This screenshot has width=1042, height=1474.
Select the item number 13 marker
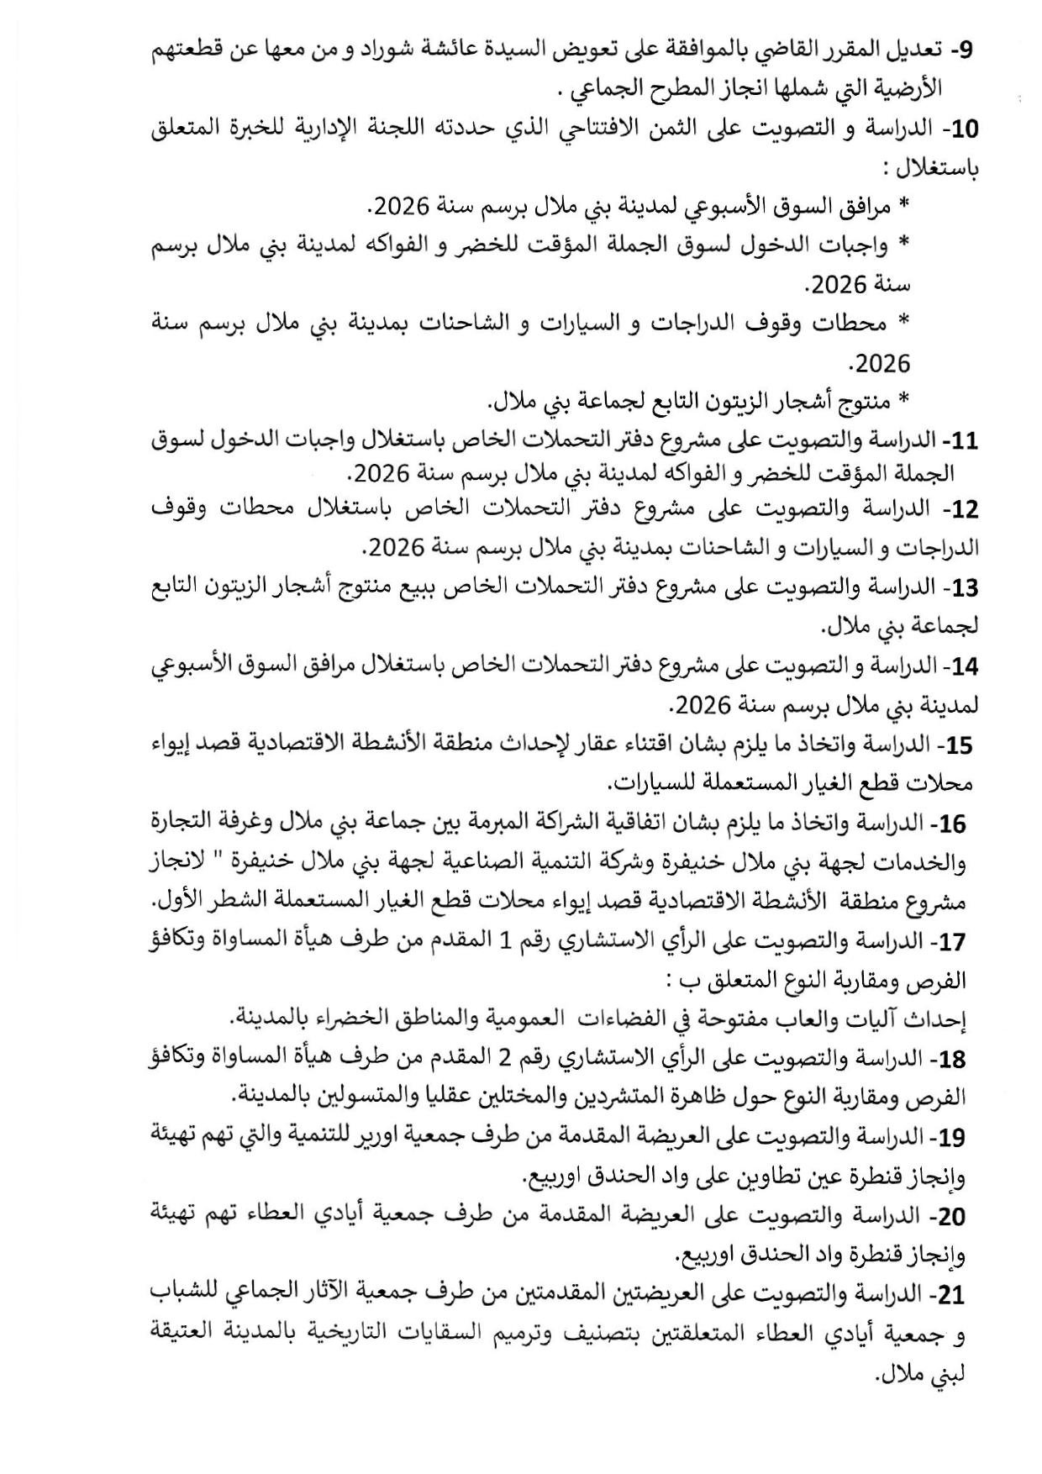pos(965,587)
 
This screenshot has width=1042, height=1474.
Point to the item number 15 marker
pos(958,745)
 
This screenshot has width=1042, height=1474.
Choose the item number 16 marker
pos(953,824)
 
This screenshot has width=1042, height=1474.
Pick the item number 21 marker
pos(951,1296)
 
